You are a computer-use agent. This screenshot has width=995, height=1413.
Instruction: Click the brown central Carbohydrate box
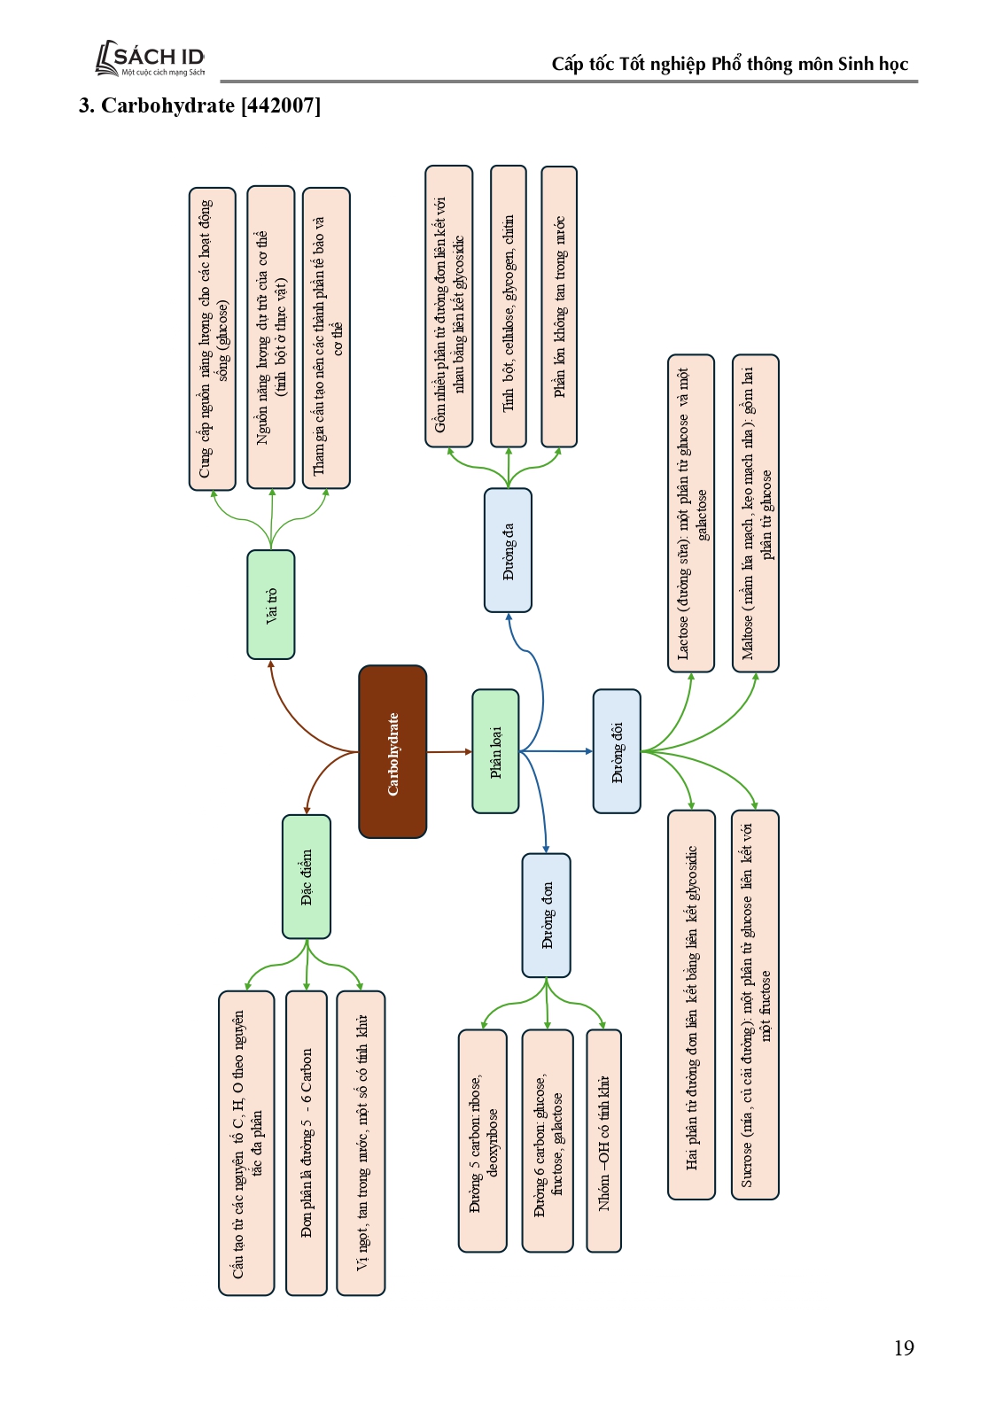tap(393, 751)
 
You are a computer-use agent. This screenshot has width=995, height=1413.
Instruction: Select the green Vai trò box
tap(271, 604)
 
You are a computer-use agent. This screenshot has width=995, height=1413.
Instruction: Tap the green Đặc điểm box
tap(307, 876)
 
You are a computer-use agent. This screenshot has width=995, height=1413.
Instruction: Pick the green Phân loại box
tap(495, 751)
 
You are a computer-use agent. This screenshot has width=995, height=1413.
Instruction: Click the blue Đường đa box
tap(508, 550)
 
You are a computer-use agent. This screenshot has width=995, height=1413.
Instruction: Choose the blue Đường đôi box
tap(617, 751)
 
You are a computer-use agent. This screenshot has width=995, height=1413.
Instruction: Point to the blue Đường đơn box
tap(546, 915)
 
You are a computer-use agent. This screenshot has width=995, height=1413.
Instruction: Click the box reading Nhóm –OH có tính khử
tap(603, 1141)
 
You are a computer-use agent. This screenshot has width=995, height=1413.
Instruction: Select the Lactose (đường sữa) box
tap(691, 513)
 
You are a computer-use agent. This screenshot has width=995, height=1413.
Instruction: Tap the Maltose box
tap(756, 513)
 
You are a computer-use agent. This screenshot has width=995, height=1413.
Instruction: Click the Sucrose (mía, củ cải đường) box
tap(756, 1005)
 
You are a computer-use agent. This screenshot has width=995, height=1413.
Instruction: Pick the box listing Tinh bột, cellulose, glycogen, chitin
tap(508, 306)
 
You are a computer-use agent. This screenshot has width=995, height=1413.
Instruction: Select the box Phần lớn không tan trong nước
tap(559, 306)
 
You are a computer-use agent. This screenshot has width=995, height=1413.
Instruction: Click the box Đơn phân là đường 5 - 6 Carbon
tap(307, 1143)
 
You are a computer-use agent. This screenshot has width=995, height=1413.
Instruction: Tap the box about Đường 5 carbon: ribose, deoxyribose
tap(483, 1141)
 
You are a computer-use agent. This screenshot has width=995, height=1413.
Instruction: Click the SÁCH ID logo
tap(151, 58)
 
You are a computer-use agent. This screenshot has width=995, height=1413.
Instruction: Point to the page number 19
tap(903, 1347)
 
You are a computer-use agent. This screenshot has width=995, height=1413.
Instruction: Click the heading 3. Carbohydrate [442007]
tap(199, 105)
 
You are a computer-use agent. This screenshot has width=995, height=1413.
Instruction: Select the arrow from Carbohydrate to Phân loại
tap(449, 751)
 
